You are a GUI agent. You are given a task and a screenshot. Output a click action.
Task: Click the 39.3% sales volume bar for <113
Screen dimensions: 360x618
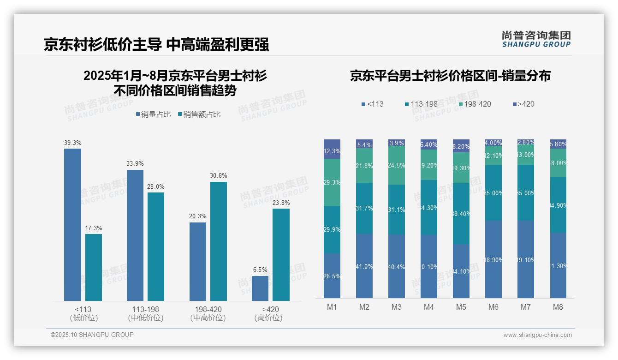point(72,224)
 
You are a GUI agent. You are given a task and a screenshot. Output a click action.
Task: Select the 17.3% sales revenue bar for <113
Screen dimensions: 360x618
point(94,267)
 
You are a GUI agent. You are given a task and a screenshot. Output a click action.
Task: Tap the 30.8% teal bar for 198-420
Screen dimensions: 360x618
point(219,241)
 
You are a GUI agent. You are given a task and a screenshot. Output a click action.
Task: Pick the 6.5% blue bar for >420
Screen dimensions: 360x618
point(260,288)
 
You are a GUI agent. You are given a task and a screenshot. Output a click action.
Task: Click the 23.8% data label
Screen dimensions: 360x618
point(281,203)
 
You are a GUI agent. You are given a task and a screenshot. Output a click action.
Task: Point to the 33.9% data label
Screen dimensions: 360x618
point(135,163)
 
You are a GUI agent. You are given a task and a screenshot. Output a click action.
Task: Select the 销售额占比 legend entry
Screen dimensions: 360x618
point(199,114)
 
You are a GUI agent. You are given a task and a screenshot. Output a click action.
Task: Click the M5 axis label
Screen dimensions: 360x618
point(461,307)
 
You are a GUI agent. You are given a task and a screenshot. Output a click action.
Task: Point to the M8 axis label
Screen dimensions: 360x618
point(558,307)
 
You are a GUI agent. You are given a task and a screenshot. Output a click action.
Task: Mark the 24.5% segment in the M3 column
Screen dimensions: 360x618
point(397,165)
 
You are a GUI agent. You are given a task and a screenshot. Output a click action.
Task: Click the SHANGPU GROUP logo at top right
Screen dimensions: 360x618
point(536,39)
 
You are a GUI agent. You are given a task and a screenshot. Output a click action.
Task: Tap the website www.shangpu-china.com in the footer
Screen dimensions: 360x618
point(537,335)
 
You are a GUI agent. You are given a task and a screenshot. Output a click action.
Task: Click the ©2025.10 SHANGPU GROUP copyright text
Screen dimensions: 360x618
point(92,335)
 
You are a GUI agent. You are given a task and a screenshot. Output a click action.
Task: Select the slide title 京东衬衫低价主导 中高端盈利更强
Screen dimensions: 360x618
point(156,45)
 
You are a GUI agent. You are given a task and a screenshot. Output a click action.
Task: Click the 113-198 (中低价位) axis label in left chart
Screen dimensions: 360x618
point(146,313)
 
